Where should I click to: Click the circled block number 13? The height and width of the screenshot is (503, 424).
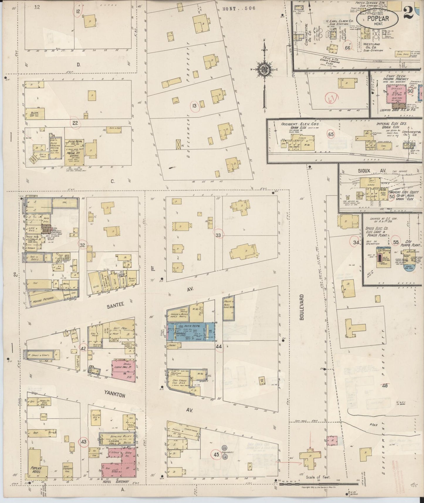point(194,106)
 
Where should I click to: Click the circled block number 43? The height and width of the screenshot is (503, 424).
point(84,441)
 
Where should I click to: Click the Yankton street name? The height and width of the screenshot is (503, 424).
point(114,395)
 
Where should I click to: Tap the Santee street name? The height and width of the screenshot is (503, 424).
point(114,305)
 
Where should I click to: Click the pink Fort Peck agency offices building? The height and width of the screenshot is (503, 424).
point(395,94)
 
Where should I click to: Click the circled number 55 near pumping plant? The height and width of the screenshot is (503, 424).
point(396,242)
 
